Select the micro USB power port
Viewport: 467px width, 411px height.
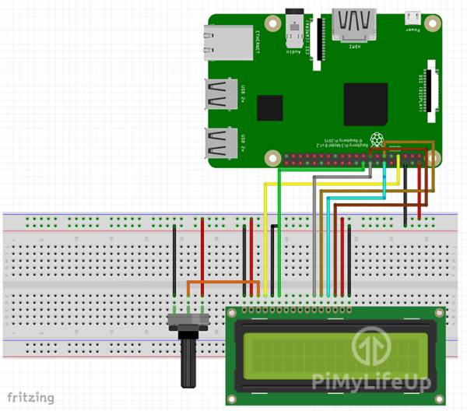[x=413, y=17]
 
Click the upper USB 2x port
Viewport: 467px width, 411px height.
[x=222, y=96]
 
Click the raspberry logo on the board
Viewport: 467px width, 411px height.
[x=378, y=141]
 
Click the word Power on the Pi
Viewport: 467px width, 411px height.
[x=413, y=31]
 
